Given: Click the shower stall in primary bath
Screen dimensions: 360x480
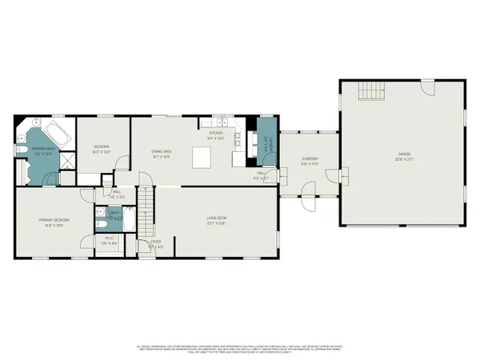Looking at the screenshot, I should pyautogui.click(x=69, y=160).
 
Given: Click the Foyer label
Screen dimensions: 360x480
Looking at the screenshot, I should pyautogui.click(x=156, y=245).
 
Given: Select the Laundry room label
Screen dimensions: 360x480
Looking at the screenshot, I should pyautogui.click(x=267, y=146).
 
